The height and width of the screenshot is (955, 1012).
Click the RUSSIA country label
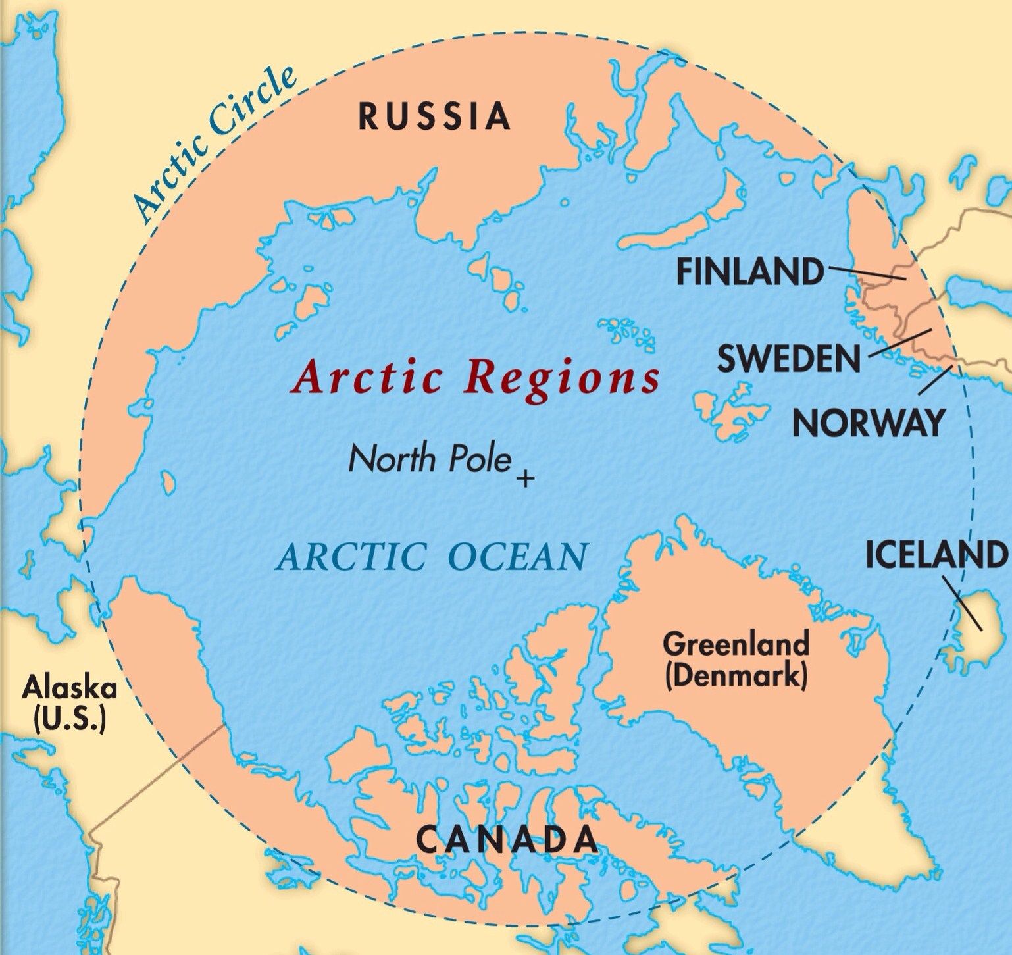point(434,116)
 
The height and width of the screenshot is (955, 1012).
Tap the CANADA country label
point(507,839)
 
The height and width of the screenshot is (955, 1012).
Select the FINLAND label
point(750,271)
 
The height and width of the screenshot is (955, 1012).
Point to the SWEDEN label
point(788,359)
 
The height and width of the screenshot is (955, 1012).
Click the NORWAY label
point(868,423)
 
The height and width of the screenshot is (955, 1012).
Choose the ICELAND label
point(935,554)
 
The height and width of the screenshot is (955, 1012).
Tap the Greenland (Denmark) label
point(735,659)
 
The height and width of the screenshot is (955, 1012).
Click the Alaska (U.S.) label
point(69,705)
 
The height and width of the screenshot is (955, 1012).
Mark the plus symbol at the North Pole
point(524,478)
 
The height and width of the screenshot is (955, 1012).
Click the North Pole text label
point(429,459)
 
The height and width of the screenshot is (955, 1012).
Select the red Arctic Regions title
point(476,378)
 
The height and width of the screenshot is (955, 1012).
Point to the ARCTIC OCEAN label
point(431,556)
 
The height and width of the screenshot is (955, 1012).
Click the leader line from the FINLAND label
point(865,273)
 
